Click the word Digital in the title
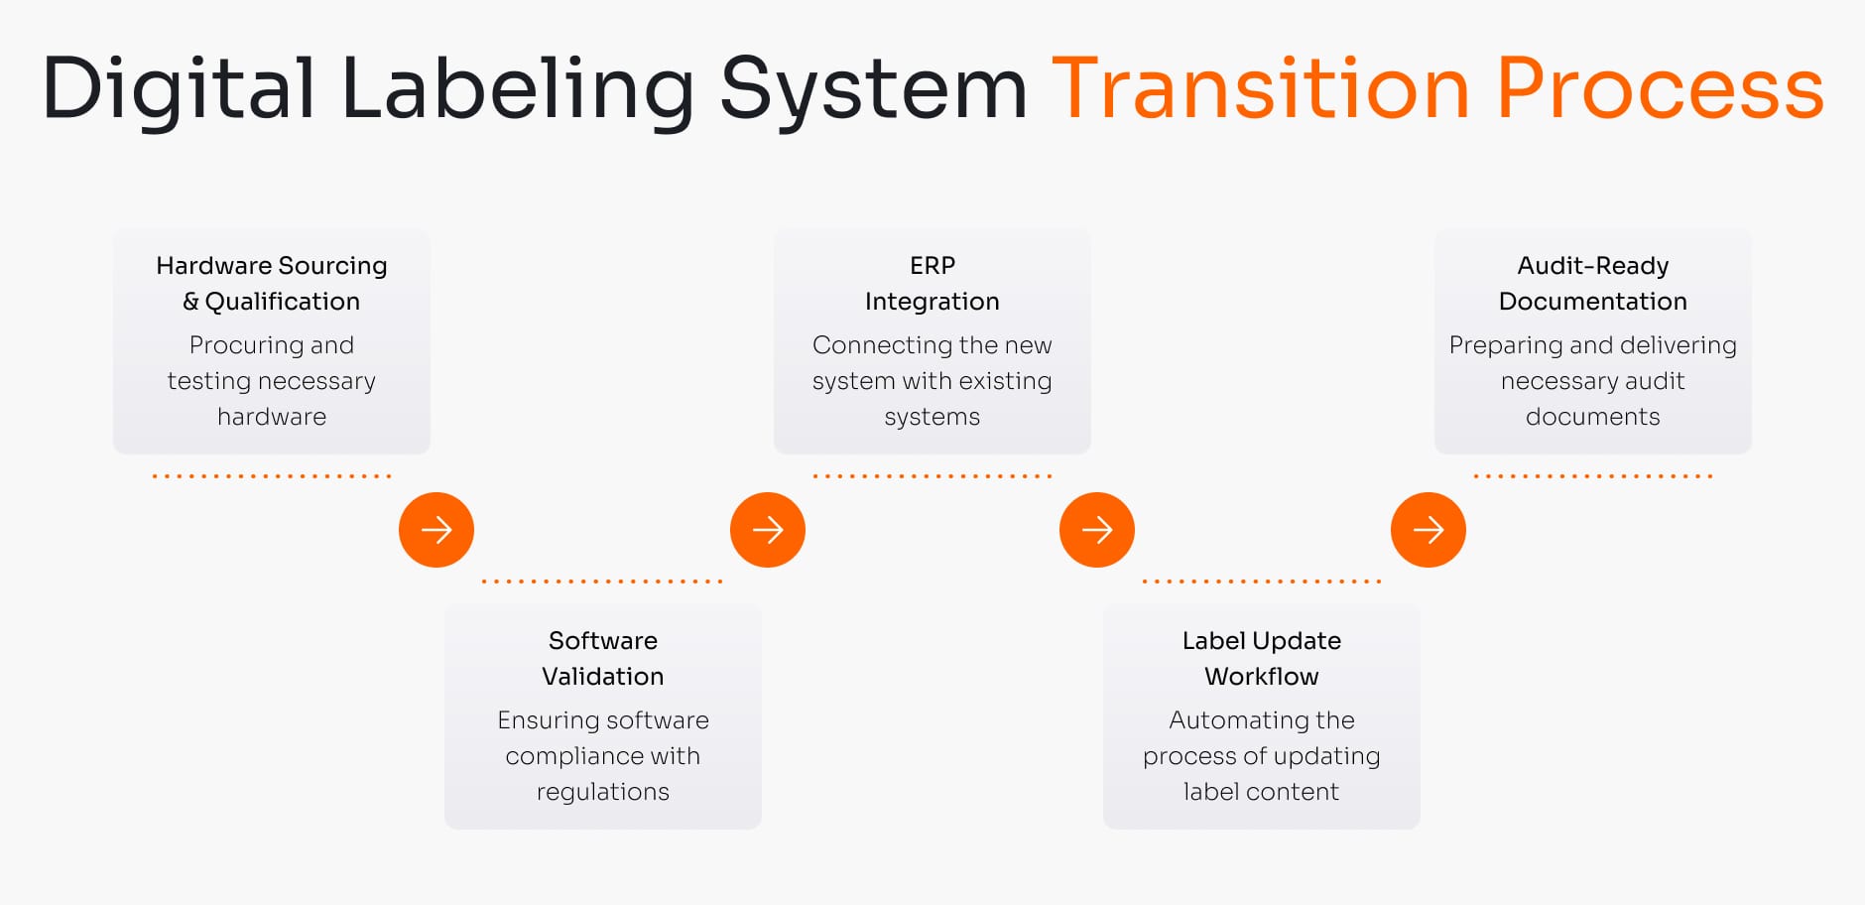179,89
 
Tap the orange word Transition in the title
1260,89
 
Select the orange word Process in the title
1660,89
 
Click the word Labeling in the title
517,89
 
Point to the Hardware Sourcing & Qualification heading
272,283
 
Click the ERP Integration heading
932,283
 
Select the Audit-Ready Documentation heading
1592,283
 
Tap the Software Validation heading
603,658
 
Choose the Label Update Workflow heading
1261,658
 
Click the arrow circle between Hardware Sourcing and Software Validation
436,530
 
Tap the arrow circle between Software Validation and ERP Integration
768,530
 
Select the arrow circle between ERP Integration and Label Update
1097,530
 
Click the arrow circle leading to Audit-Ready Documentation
1429,530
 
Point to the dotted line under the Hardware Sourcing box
272,476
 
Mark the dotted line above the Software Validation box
602,582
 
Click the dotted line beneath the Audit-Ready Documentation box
1593,476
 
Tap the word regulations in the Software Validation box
603,792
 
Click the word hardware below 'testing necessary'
272,417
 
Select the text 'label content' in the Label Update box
1261,792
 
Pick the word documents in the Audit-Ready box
1592,417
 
